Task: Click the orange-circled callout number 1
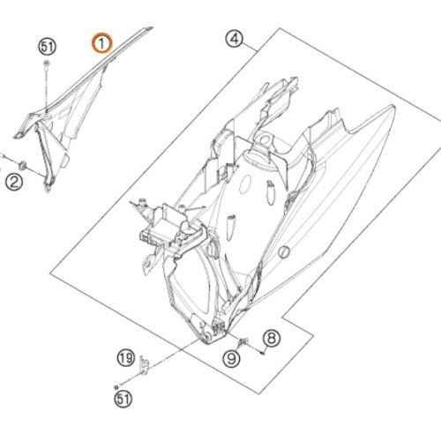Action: [101, 43]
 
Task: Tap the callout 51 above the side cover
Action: [48, 47]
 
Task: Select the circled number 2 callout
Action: [14, 182]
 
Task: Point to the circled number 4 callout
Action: [235, 40]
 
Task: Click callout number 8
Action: [272, 338]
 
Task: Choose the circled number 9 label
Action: [232, 359]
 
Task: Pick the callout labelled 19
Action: [126, 358]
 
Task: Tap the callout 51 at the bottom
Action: [123, 399]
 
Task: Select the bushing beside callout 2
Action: [22, 165]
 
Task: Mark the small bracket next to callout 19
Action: [145, 365]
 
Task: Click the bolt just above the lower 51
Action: [117, 386]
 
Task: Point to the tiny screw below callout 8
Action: [263, 352]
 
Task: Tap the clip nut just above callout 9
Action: [243, 341]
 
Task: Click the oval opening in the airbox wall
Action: [245, 184]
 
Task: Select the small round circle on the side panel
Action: [284, 252]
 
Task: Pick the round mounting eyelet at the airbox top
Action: [265, 138]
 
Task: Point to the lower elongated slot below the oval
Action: [231, 227]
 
